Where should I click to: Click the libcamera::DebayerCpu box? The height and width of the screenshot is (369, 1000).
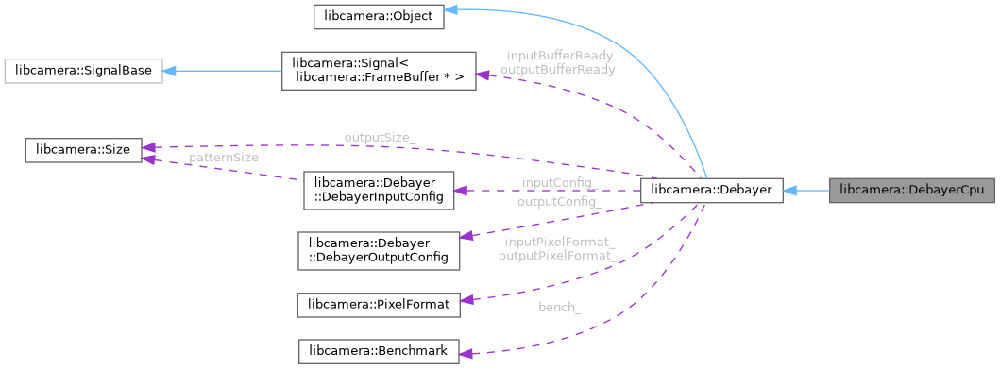pos(912,190)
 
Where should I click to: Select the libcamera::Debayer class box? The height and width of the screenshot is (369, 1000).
pos(711,190)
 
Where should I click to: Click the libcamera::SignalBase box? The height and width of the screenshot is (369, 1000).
pos(84,71)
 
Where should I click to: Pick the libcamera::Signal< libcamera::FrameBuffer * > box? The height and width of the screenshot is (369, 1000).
pos(378,71)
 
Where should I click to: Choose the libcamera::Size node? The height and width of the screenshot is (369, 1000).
pos(83,149)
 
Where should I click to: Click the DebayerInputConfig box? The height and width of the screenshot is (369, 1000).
pos(378,190)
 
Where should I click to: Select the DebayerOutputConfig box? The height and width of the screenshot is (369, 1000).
pos(378,248)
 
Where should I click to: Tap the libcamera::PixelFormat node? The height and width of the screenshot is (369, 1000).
pos(378,304)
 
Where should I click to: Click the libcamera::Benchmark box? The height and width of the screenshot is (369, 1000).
pos(378,351)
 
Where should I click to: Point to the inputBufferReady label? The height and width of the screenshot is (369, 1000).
pos(560,56)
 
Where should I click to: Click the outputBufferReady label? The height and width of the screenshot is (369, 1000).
pos(557,69)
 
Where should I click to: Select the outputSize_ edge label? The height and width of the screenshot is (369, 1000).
pos(379,137)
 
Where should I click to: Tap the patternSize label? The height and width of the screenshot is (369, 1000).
pos(223,158)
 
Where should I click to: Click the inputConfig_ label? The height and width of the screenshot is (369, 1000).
pos(556,181)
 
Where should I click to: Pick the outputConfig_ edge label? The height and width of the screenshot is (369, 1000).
pos(559,201)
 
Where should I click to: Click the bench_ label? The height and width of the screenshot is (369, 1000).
pos(559,308)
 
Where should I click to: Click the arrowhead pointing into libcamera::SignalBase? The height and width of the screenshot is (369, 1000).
pos(170,71)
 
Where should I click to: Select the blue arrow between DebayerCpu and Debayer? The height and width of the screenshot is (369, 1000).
pos(805,190)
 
